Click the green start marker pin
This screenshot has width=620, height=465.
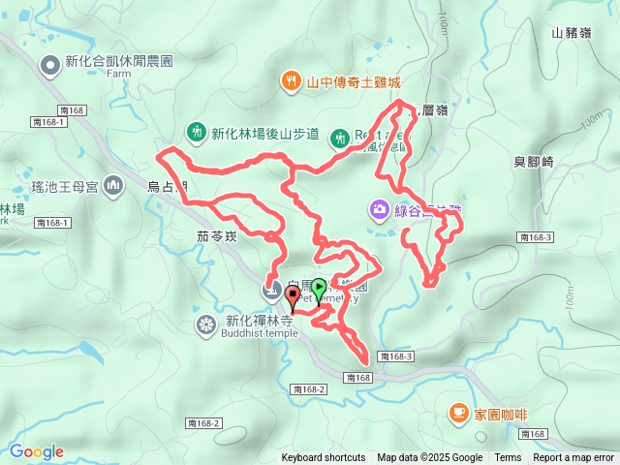(x=320, y=288)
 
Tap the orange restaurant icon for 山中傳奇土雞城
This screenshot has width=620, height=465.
(x=289, y=81)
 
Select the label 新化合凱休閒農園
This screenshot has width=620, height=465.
(x=119, y=61)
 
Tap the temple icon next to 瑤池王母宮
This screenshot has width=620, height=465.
(x=113, y=183)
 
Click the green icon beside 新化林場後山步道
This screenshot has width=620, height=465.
(x=196, y=132)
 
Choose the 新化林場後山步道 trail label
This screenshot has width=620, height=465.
(x=264, y=134)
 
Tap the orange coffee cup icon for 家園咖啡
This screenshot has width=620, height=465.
(x=458, y=414)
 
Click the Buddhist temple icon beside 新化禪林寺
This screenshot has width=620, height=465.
(x=206, y=324)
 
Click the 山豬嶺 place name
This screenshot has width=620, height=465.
(x=571, y=33)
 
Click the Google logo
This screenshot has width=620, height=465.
(x=37, y=451)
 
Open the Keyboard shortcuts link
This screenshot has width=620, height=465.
(x=323, y=458)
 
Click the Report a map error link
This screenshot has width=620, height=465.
(x=573, y=458)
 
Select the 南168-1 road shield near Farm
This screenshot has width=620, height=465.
(x=47, y=122)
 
